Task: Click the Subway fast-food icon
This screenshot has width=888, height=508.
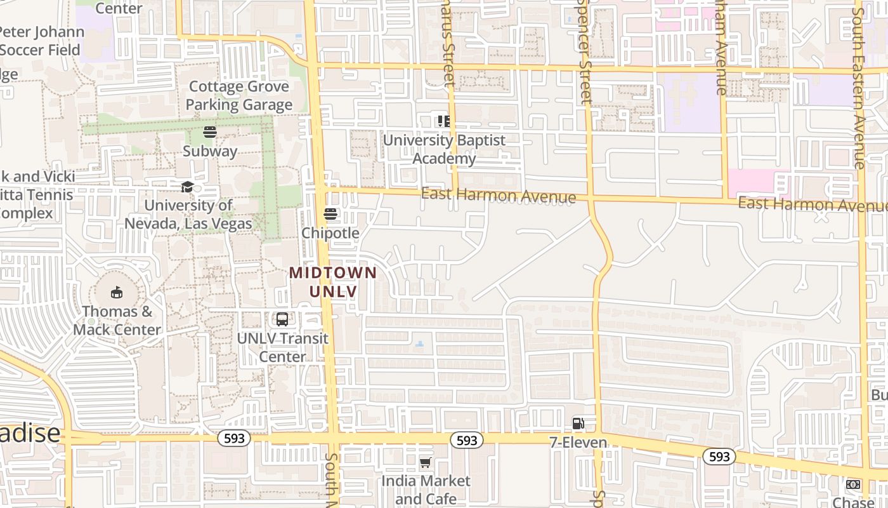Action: [210, 132]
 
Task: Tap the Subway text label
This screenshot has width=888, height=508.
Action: [210, 151]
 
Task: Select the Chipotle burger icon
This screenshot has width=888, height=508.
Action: [330, 214]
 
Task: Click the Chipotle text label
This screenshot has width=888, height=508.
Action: [330, 233]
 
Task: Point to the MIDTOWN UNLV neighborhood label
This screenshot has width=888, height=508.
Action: [333, 282]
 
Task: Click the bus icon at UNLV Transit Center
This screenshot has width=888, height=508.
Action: [282, 319]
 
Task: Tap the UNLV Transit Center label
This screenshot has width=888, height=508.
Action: [283, 347]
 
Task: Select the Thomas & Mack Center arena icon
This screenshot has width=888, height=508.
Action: [116, 293]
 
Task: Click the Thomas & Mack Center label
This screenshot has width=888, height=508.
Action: [117, 321]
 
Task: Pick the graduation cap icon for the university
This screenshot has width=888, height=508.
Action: [187, 187]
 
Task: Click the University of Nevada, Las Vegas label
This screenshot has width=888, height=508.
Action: [188, 215]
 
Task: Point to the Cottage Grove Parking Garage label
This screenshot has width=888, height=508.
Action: [239, 95]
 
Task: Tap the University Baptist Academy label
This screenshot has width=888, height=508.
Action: [444, 149]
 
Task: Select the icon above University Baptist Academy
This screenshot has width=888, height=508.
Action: [444, 121]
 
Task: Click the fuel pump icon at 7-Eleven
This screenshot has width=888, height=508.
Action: [578, 423]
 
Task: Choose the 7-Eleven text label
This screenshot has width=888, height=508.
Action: [578, 442]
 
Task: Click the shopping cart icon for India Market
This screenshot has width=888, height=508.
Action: [426, 462]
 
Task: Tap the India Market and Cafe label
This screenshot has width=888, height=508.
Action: [426, 490]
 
